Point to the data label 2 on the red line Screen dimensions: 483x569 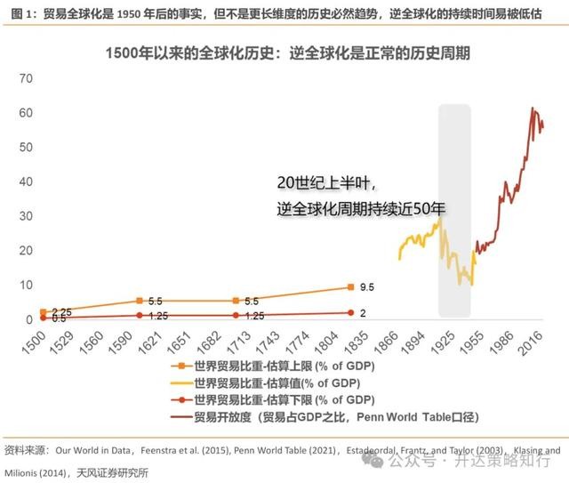364,312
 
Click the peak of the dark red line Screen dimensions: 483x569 533,109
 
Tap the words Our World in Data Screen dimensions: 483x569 95,451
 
